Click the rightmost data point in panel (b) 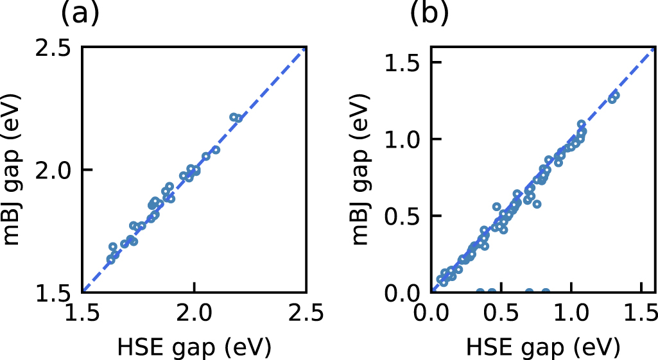[615, 96]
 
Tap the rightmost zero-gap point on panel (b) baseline [546, 293]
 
